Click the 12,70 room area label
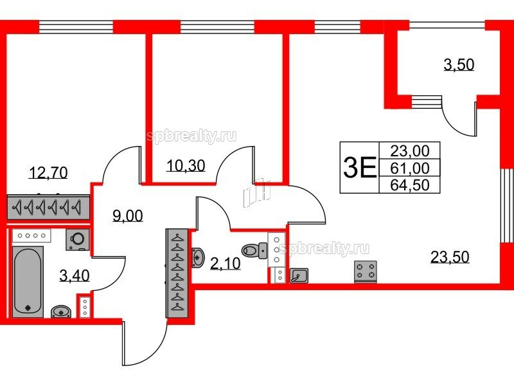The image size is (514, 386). click(x=48, y=172)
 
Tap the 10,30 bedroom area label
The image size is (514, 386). click(x=186, y=165)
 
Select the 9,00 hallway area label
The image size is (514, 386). click(x=127, y=216)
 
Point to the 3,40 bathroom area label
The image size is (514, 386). click(x=75, y=276)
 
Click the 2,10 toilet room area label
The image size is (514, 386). click(x=226, y=263)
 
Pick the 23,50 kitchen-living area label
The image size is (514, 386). click(x=450, y=257)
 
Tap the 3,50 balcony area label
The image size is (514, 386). click(x=459, y=65)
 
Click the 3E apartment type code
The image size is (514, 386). click(x=359, y=167)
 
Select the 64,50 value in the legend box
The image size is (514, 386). click(x=410, y=185)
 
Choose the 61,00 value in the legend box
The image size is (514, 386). click(x=410, y=168)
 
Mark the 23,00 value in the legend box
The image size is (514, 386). click(x=410, y=151)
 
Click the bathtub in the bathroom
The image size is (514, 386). click(x=28, y=282)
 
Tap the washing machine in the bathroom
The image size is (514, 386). click(x=78, y=239)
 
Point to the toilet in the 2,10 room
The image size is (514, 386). click(x=254, y=250)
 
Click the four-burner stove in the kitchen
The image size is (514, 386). click(x=366, y=271)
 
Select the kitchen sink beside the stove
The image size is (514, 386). click(x=299, y=275)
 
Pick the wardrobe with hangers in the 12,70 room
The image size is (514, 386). click(x=48, y=207)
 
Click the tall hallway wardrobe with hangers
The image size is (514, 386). click(x=177, y=273)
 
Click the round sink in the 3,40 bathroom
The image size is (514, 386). click(x=61, y=311)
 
